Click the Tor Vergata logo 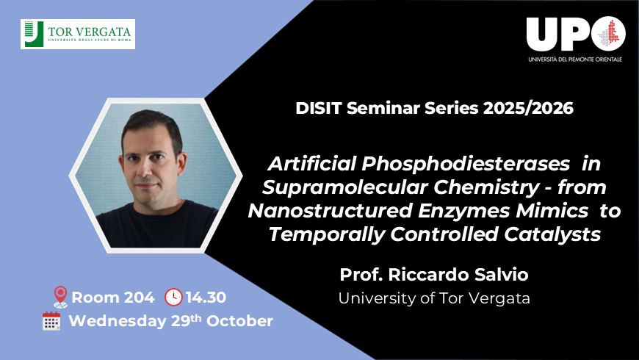pos(78,34)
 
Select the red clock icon pos(173,298)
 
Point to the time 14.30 pos(206,298)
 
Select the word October pos(239,321)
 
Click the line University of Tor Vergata pos(433,298)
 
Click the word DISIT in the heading pos(322,108)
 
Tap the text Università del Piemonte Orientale pos(575,59)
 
